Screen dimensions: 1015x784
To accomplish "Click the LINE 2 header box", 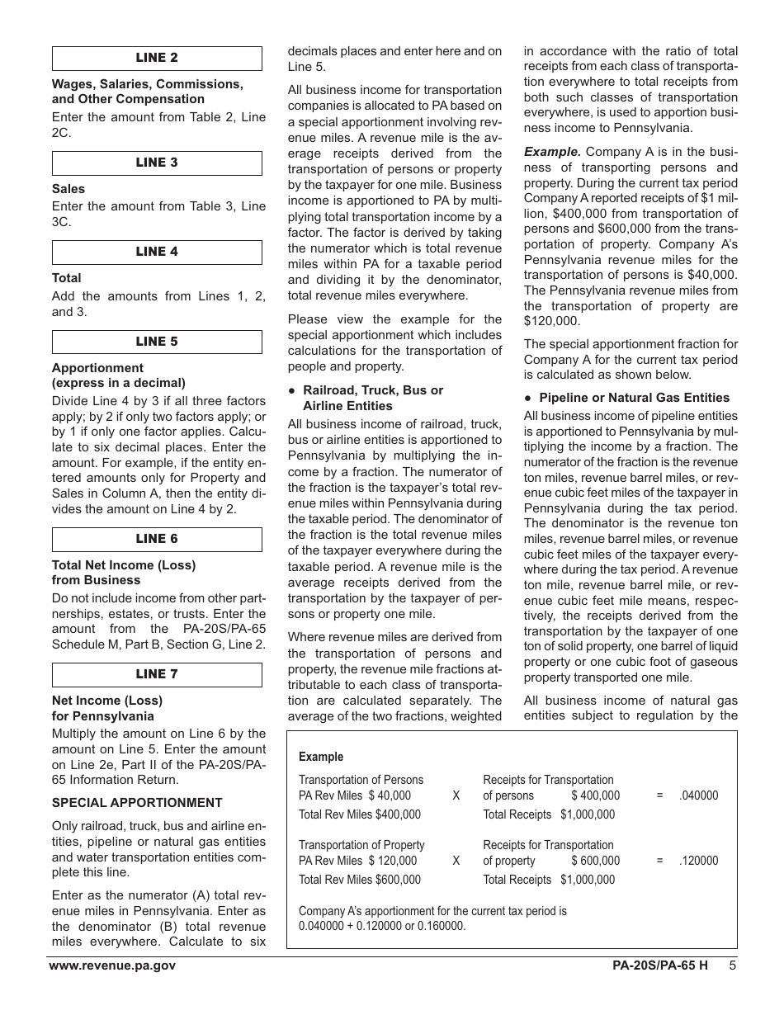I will point(157,59).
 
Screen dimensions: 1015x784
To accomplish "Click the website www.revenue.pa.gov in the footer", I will point(112,966).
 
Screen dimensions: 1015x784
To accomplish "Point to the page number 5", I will point(732,966).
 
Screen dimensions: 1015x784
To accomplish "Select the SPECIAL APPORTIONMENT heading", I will point(137,803).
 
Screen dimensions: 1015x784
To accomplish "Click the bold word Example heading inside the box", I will point(321,757).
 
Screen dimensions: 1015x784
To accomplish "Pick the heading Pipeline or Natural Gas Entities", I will point(634,398).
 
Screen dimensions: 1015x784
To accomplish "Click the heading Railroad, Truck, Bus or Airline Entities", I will point(372,398).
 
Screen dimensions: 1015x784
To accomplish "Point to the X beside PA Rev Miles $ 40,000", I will point(456,796).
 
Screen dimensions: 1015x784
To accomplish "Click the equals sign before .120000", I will point(659,861).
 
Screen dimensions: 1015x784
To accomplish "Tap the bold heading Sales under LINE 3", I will point(68,189).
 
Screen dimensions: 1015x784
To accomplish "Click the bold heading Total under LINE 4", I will point(67,278).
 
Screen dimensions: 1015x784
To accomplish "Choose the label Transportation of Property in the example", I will point(361,845).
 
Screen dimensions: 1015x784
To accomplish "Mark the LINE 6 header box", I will point(157,540).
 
